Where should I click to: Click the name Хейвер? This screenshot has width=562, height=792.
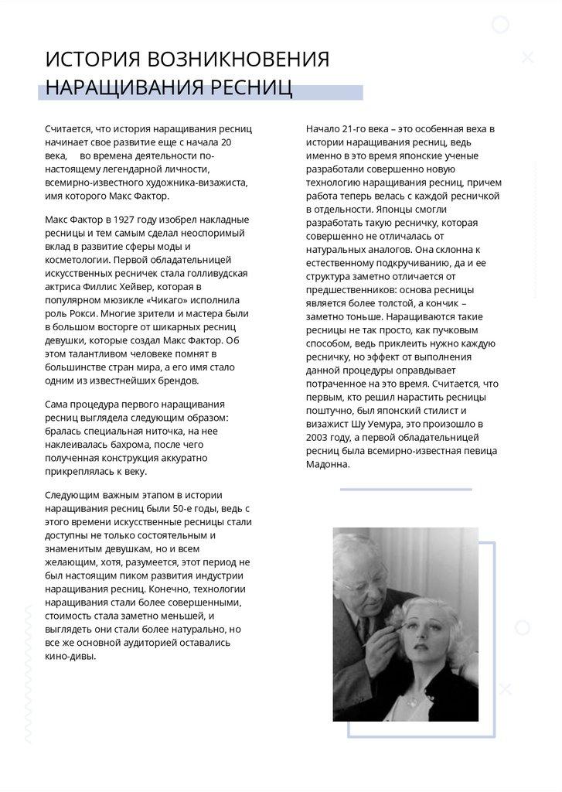(x=202, y=286)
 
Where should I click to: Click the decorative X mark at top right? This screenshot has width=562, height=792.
(x=528, y=56)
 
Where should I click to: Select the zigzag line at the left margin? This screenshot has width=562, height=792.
(x=28, y=673)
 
